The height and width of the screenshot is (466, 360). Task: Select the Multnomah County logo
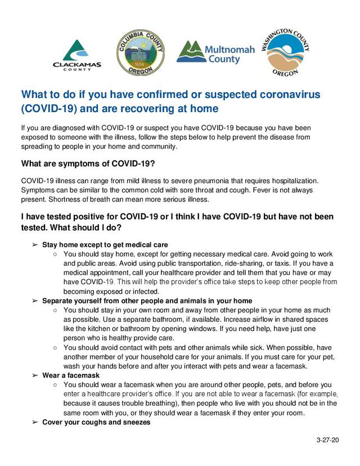[x=215, y=52]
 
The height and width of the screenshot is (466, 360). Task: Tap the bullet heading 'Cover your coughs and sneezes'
[x=96, y=422]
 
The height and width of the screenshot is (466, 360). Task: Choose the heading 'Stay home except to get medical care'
[x=105, y=245]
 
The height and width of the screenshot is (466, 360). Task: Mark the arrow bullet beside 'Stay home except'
[x=35, y=245]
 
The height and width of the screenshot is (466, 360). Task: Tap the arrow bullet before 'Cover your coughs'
[x=35, y=422]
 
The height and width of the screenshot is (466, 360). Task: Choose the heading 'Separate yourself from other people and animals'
[x=147, y=301]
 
